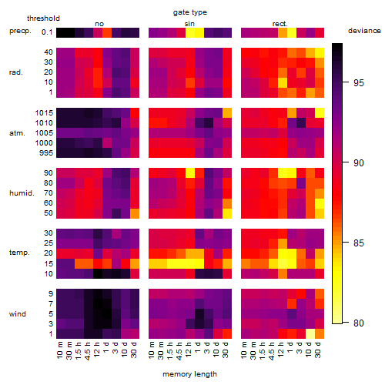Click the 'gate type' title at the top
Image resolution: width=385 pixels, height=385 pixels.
pyautogui.click(x=190, y=12)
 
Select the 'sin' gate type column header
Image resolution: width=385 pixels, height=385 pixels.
pyautogui.click(x=189, y=24)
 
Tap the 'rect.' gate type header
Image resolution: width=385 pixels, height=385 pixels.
pyautogui.click(x=280, y=24)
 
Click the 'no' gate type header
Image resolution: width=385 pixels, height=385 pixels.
pyautogui.click(x=99, y=24)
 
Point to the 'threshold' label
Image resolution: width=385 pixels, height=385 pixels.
pyautogui.click(x=43, y=18)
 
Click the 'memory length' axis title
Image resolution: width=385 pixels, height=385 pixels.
pyautogui.click(x=189, y=374)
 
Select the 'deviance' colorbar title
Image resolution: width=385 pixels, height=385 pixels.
pyautogui.click(x=364, y=31)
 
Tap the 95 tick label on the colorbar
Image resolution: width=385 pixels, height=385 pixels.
pyautogui.click(x=359, y=83)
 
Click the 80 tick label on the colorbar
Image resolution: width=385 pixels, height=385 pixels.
pyautogui.click(x=359, y=323)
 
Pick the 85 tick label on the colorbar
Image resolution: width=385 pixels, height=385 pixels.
pyautogui.click(x=359, y=243)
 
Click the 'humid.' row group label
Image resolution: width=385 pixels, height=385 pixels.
pyautogui.click(x=22, y=193)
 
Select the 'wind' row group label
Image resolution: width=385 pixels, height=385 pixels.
pyautogui.click(x=18, y=314)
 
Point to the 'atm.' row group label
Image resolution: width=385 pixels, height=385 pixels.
pyautogui.click(x=17, y=133)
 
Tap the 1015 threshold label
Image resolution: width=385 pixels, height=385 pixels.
pyautogui.click(x=44, y=113)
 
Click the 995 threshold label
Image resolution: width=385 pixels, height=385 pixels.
pyautogui.click(x=46, y=153)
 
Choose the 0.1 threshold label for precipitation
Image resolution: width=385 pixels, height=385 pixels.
pyautogui.click(x=47, y=32)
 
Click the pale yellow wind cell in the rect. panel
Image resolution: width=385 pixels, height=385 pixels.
pyautogui.click(x=310, y=333)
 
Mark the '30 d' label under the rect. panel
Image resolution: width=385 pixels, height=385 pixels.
pyautogui.click(x=318, y=350)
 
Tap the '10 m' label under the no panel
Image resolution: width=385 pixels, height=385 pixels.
pyautogui.click(x=59, y=350)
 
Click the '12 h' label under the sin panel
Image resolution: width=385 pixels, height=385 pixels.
pyautogui.click(x=189, y=350)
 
